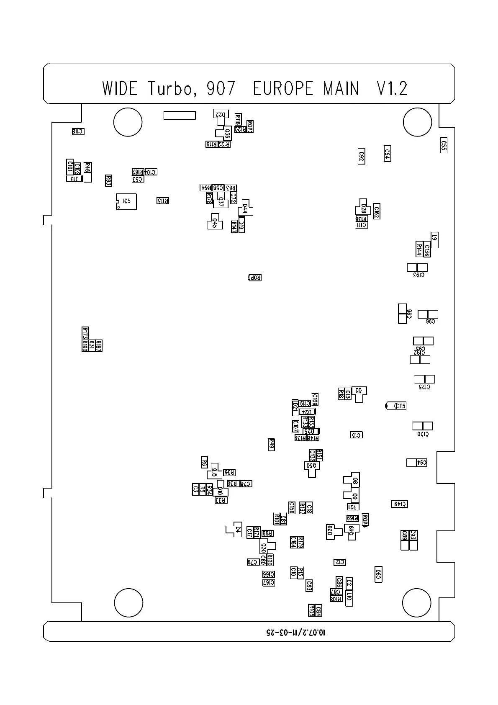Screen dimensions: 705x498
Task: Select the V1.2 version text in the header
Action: coord(392,89)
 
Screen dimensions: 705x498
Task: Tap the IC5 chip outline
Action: coord(126,201)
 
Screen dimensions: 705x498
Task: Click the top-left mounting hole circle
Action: coord(128,122)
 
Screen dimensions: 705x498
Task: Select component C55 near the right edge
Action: coord(444,145)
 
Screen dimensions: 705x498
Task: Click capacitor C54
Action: coord(388,154)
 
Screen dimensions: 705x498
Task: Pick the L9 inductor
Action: coord(435,239)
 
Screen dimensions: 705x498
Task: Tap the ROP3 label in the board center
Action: coord(255,278)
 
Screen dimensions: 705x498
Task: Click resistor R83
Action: coord(108,180)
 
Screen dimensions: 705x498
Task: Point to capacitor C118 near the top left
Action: coord(78,131)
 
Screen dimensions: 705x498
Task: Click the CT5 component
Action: coord(396,406)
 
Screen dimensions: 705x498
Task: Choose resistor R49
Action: coord(271,444)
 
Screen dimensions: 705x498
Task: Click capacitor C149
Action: coord(400,504)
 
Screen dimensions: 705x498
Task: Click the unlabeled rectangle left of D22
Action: coord(180,115)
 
